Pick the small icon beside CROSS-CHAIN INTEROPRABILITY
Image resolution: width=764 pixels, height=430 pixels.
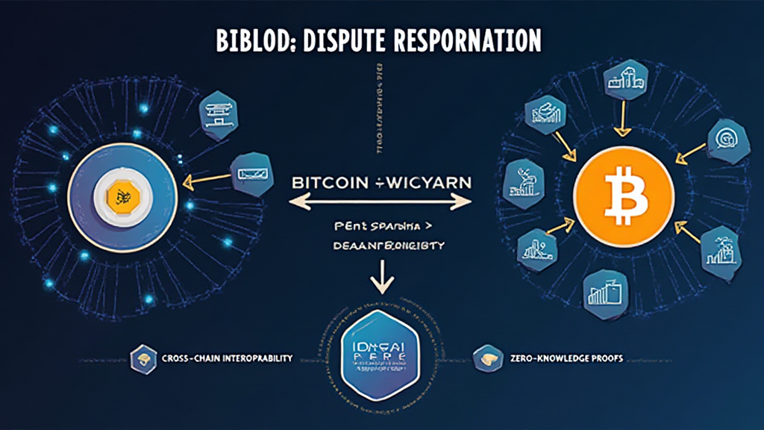[x=140, y=358]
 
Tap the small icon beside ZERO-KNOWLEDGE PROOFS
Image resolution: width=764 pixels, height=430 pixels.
[x=486, y=358]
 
